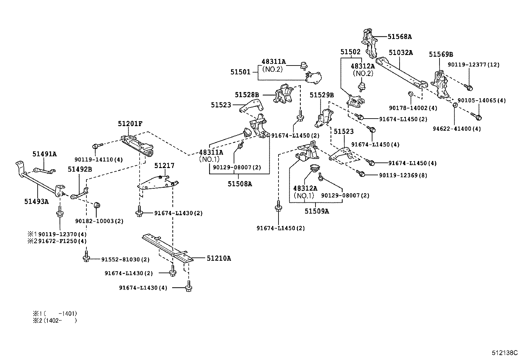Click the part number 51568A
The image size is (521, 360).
pos(400,37)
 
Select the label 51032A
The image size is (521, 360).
pos(401,52)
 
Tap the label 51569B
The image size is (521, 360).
pos(441,54)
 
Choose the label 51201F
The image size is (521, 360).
pos(130,123)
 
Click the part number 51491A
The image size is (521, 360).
pos(45,154)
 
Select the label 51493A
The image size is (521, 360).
pos(36,201)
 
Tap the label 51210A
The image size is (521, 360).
pos(219,258)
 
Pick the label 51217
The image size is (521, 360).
pos(164,166)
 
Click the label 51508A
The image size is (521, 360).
pos(240,184)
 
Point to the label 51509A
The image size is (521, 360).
pos(317,211)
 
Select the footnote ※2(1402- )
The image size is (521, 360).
pos(55,321)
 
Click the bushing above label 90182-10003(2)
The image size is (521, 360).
pos(97,206)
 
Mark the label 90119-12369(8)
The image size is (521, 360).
pos(403,176)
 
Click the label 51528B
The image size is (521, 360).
pos(247,95)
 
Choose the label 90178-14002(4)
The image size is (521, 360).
pos(413,108)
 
